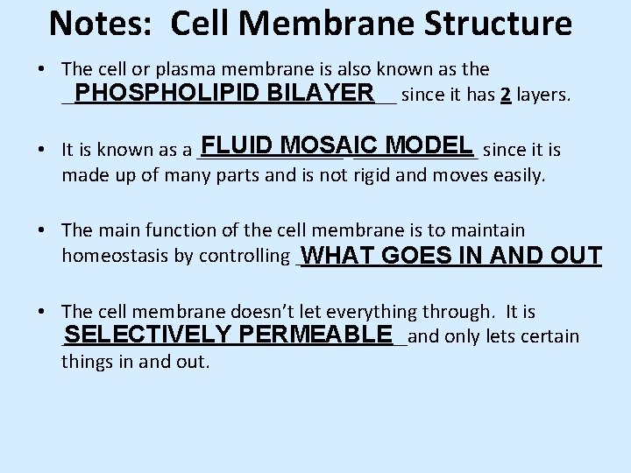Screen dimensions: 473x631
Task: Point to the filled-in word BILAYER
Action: coord(322,93)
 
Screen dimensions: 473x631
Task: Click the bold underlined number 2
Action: coord(505,95)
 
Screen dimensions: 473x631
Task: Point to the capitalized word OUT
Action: coord(573,256)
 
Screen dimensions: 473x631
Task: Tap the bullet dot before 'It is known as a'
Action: coord(42,151)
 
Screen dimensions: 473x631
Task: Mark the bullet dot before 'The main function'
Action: coord(42,231)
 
